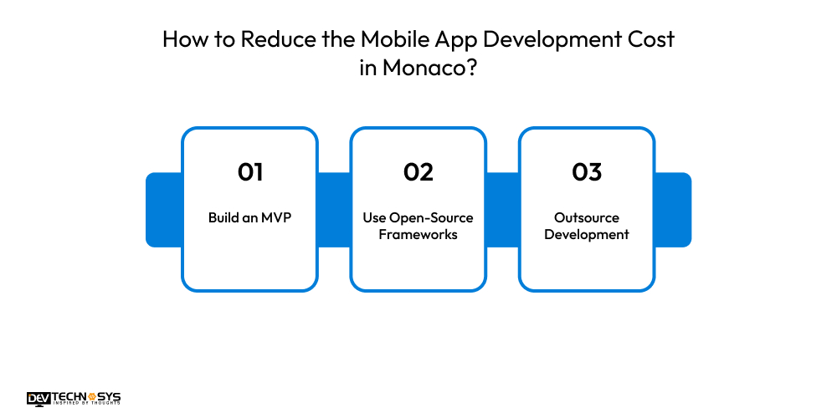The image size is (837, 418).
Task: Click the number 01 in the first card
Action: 250,172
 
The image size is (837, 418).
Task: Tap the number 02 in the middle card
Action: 418,172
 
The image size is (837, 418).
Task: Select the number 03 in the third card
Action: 587,172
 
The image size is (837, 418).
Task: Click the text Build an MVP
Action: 250,217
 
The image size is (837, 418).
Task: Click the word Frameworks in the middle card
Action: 418,234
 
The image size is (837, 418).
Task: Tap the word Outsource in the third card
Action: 587,217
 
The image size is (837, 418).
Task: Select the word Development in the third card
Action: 587,234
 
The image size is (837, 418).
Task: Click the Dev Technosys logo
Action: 74,399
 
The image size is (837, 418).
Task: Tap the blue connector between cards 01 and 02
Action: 334,209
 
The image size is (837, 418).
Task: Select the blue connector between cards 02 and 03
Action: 502,209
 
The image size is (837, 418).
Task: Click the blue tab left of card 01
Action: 163,209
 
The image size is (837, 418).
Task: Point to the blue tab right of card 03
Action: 674,209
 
